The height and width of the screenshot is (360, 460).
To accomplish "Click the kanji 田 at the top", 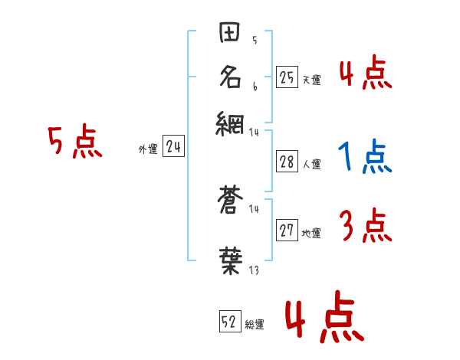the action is click(x=231, y=34).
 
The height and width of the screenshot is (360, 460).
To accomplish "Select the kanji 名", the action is click(x=231, y=77).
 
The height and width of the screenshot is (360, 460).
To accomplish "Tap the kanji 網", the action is click(x=231, y=123).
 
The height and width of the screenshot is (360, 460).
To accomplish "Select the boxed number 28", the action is click(x=287, y=162).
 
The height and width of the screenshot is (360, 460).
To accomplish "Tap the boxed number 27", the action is click(x=287, y=231).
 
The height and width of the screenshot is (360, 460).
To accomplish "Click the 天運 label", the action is click(x=310, y=79).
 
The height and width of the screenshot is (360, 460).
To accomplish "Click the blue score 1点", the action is click(x=364, y=158).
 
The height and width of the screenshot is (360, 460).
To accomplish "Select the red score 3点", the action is click(x=365, y=227).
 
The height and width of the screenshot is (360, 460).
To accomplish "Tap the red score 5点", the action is click(x=75, y=143).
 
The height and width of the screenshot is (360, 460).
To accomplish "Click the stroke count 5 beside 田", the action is click(x=255, y=41).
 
